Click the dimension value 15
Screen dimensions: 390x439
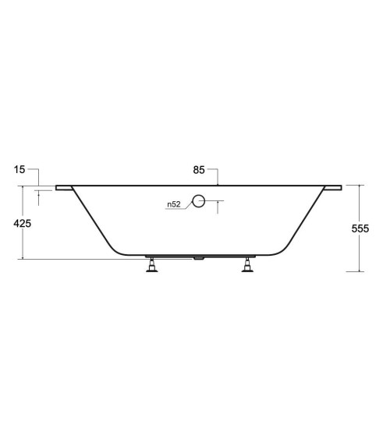[x=19, y=169]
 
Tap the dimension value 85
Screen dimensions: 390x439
[x=199, y=170]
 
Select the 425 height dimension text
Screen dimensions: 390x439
[x=23, y=224]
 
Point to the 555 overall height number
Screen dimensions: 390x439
[x=360, y=228]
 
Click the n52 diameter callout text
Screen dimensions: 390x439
[x=174, y=204]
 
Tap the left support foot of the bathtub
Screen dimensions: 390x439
[x=152, y=265]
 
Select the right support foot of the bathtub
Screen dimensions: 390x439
[x=247, y=265]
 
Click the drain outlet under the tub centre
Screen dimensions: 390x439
[x=198, y=258]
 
